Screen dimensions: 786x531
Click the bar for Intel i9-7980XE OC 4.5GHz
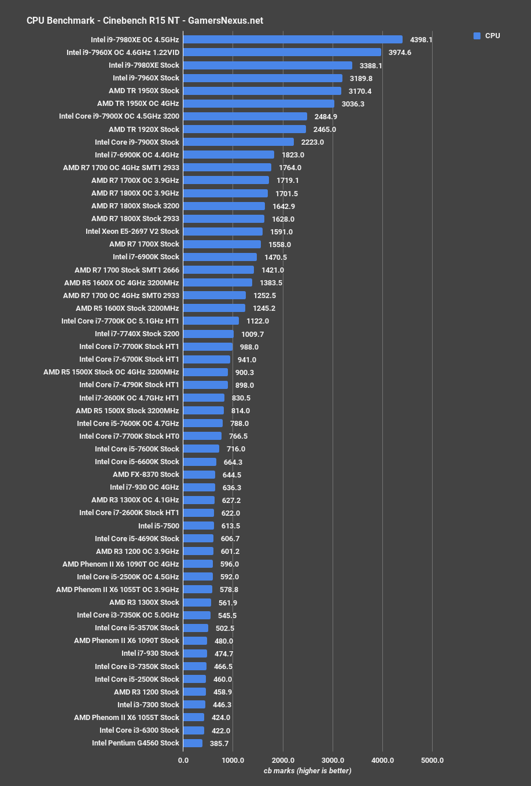[292, 39]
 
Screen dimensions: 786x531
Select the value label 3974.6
[400, 53]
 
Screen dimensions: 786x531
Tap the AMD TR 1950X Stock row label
[143, 91]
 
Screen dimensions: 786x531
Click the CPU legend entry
[486, 36]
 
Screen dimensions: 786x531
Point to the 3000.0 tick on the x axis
[333, 760]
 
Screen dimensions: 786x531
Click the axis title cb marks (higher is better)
[307, 770]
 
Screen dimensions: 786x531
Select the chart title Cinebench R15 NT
[145, 20]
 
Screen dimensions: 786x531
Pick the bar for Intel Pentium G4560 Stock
[193, 743]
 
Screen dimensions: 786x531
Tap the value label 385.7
[219, 744]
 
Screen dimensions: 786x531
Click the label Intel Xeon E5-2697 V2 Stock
[132, 232]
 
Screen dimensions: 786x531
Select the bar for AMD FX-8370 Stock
[199, 475]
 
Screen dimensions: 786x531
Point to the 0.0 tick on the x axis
[183, 760]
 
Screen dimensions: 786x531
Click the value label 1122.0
[257, 321]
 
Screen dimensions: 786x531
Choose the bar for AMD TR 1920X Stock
[244, 129]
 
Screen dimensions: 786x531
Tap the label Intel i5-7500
[158, 526]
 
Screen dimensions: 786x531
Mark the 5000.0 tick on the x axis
[432, 760]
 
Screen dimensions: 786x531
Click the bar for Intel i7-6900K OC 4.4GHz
[228, 155]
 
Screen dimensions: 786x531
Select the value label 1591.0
[281, 232]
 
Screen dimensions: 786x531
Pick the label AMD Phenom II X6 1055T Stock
[126, 718]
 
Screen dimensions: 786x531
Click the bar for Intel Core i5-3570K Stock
[196, 628]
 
